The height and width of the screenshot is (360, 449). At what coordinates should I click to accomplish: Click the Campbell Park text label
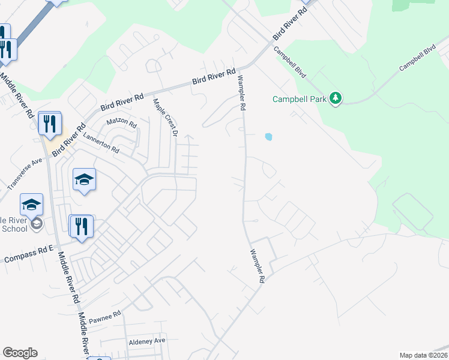(300, 99)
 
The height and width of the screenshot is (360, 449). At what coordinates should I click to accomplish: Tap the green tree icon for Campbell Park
(336, 98)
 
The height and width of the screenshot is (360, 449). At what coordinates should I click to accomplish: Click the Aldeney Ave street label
(146, 341)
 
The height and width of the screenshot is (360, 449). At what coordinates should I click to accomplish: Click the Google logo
(20, 353)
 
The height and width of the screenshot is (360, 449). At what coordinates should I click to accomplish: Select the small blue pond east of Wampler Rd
(268, 137)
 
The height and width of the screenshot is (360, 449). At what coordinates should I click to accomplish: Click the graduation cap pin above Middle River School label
(32, 206)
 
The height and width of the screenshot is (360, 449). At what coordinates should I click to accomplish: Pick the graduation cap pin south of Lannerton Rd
(84, 179)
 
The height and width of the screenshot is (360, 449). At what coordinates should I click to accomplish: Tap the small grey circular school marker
(36, 224)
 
